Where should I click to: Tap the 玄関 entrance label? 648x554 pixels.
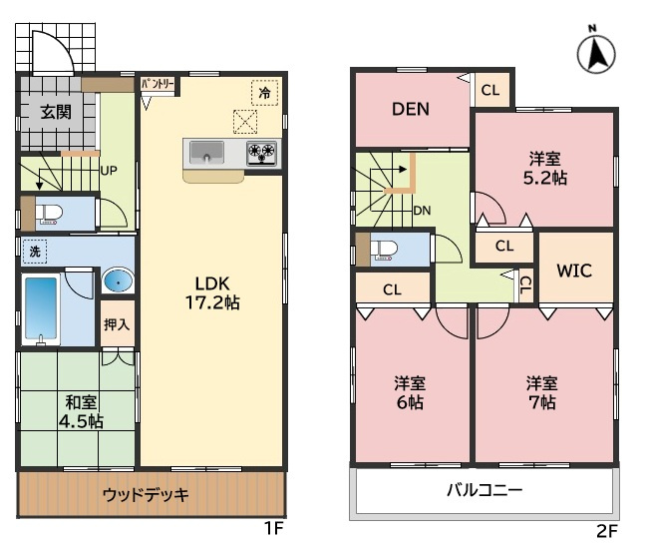click(56, 112)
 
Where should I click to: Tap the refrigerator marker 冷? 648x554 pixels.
click(264, 93)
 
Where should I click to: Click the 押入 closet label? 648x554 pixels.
click(117, 324)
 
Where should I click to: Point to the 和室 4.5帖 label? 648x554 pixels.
click(81, 412)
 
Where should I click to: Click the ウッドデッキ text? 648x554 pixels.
click(147, 494)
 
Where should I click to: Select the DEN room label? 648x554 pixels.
click(410, 109)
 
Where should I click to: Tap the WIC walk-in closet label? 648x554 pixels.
click(575, 270)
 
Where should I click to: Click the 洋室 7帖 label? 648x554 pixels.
click(542, 392)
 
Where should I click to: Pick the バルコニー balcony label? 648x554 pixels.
click(484, 491)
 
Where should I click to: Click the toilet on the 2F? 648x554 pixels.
click(385, 249)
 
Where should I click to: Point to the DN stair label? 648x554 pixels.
click(423, 211)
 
